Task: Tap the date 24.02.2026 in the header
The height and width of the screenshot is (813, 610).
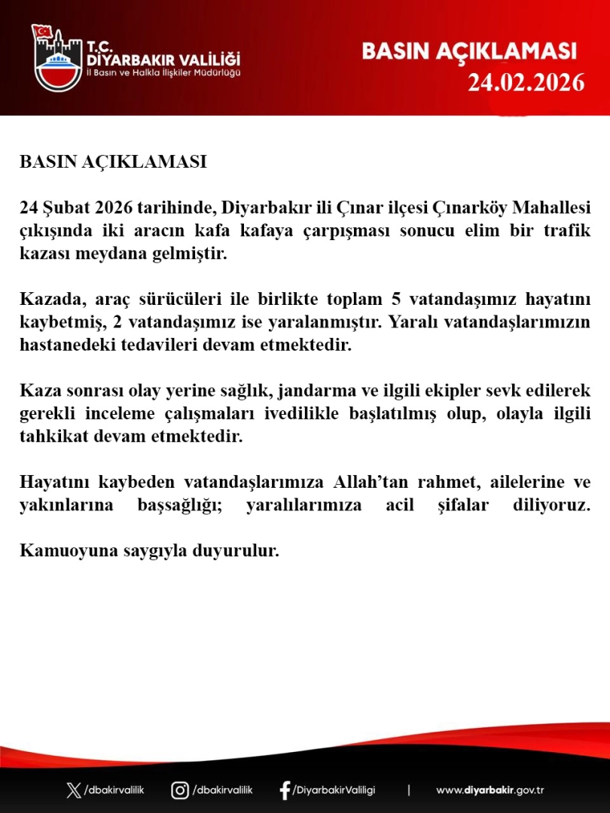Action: click(526, 82)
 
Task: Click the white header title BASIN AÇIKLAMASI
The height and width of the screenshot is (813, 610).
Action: click(469, 51)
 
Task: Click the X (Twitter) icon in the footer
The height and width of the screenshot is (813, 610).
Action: click(73, 790)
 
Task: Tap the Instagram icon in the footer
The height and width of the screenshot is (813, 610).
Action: click(180, 790)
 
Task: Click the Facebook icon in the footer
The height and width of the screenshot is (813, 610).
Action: click(285, 790)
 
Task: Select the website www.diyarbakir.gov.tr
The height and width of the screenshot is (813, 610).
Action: click(490, 790)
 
